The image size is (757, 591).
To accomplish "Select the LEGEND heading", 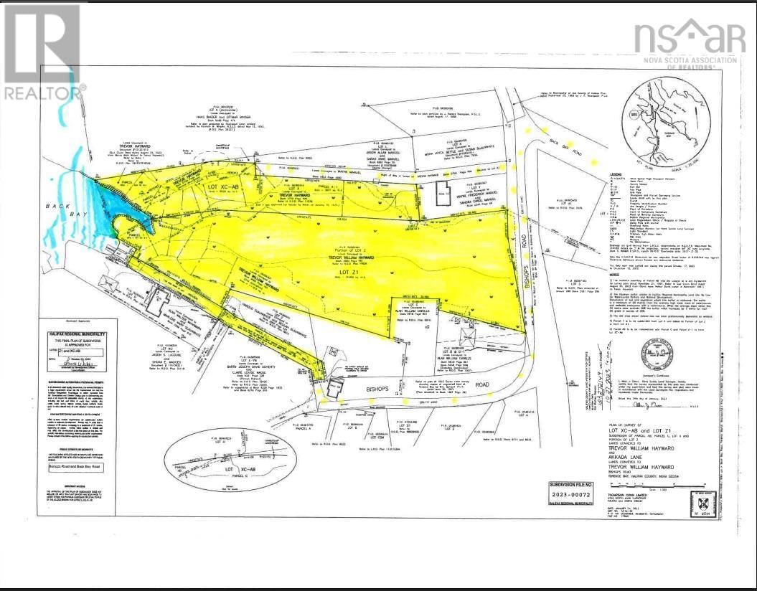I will tap(595, 174).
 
